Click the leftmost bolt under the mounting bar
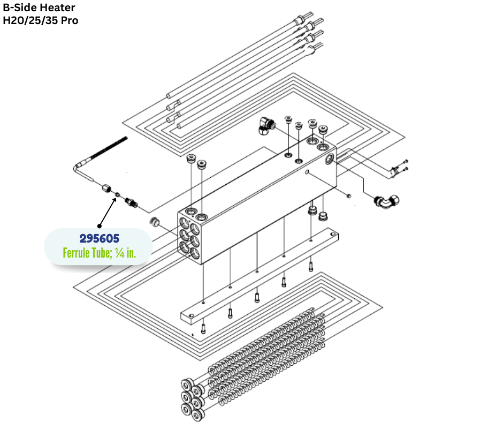203,328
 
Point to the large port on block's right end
328,159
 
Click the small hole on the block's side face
308,172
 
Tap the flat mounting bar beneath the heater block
257,273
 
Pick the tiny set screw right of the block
349,195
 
